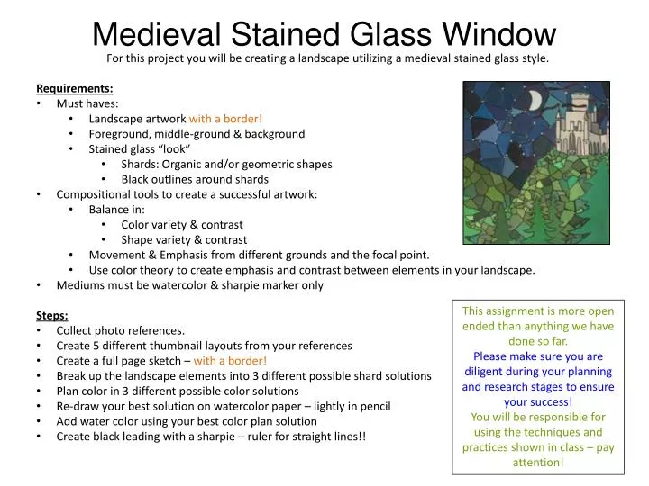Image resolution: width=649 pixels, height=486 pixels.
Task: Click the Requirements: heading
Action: click(x=75, y=88)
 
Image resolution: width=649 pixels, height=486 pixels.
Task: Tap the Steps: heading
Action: click(x=53, y=315)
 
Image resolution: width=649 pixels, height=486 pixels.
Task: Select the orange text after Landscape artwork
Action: click(x=225, y=119)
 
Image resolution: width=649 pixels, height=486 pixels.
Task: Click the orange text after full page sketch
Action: click(x=230, y=361)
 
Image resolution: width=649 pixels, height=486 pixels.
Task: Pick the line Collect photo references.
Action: click(x=121, y=330)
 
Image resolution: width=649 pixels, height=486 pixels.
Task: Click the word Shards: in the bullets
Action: click(x=142, y=165)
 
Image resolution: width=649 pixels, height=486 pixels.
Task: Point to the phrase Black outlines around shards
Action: click(x=195, y=179)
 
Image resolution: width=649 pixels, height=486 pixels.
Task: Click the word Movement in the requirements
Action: click(x=115, y=255)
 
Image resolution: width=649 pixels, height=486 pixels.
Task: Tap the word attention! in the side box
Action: click(x=537, y=463)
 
